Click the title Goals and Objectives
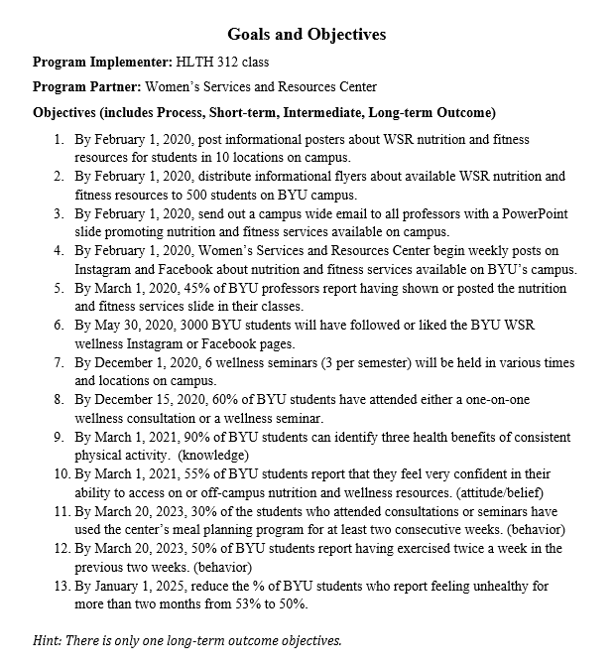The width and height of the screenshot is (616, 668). click(x=307, y=35)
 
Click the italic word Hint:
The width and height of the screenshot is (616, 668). click(x=50, y=640)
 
